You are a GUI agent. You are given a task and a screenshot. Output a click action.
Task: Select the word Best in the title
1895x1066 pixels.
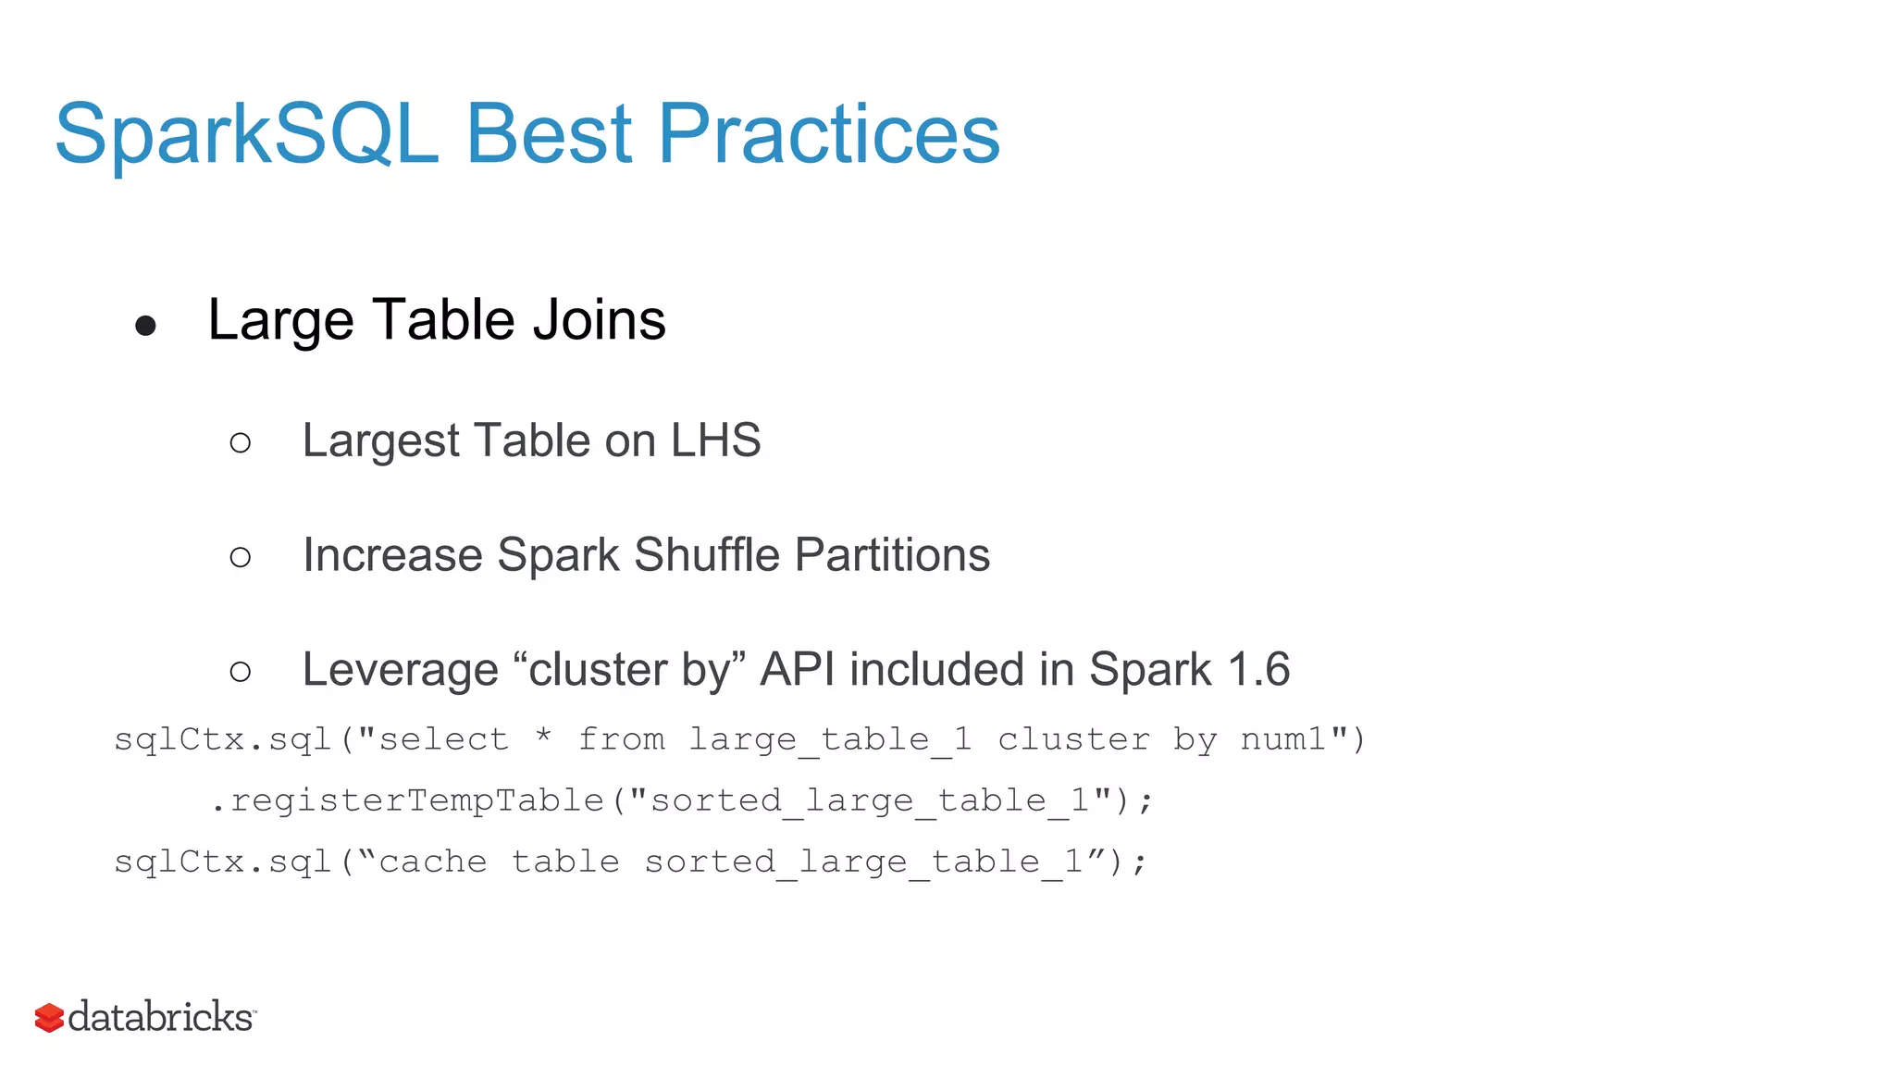coord(548,135)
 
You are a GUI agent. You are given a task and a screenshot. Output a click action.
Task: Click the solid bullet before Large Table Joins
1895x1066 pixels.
coord(145,325)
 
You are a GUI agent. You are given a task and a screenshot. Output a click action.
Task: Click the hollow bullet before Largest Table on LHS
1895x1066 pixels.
coord(241,443)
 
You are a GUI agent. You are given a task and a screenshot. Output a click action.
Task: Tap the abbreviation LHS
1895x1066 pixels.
coord(715,440)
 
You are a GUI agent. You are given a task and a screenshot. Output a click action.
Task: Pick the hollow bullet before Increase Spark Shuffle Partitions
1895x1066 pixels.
coord(241,557)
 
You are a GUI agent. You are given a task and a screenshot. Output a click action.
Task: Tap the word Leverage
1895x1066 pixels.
coord(400,670)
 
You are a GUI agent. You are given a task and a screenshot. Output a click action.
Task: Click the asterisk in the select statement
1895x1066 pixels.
coord(544,737)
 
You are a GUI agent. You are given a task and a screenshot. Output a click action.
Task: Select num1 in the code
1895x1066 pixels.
coord(1283,739)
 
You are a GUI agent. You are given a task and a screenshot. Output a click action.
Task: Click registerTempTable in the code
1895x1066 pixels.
coord(417,800)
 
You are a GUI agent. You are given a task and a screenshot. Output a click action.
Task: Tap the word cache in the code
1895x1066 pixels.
coord(433,861)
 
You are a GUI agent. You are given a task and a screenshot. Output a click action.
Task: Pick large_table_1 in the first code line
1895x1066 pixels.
coord(830,740)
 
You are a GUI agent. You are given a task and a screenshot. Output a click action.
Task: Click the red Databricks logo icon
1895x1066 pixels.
coord(49,1018)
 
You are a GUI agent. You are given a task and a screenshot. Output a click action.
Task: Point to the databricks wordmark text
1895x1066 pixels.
coord(161,1017)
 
